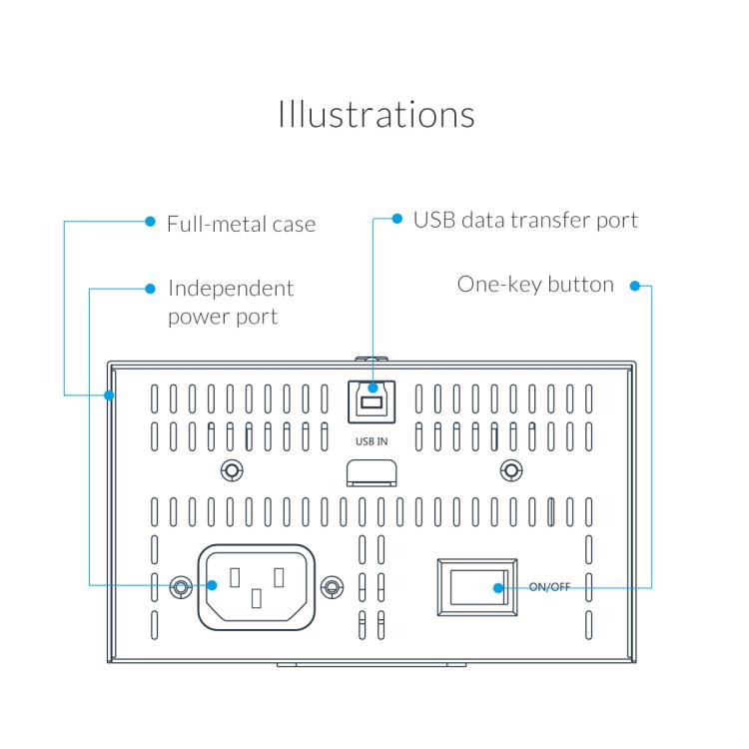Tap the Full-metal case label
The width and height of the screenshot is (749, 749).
[x=241, y=224]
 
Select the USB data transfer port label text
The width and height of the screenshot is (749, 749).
[x=524, y=220]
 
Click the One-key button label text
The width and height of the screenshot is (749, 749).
[x=535, y=285]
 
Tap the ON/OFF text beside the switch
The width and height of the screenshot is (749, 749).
[x=549, y=587]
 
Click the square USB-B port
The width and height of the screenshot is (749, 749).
[x=372, y=401]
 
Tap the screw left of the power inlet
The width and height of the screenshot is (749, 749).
[x=180, y=586]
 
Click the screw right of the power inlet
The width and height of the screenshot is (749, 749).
[x=332, y=586]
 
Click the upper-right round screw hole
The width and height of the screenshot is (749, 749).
[x=510, y=469]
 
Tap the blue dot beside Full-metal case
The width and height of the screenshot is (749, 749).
[x=150, y=222]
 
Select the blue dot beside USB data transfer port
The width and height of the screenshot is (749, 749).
[x=396, y=219]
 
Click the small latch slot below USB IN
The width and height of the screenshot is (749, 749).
[x=371, y=471]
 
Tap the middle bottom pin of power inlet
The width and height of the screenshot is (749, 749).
[x=257, y=599]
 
